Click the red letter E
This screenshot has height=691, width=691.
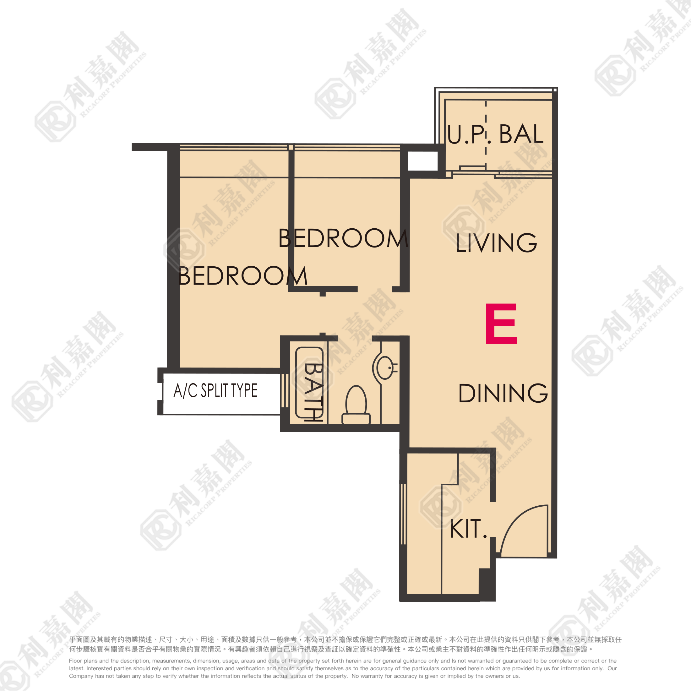pyautogui.click(x=501, y=324)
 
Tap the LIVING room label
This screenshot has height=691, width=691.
pyautogui.click(x=497, y=243)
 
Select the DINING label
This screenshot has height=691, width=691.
pyautogui.click(x=503, y=393)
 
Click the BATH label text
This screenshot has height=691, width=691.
pyautogui.click(x=313, y=392)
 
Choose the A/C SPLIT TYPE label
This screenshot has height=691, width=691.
pyautogui.click(x=216, y=390)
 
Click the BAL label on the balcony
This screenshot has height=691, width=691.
pyautogui.click(x=521, y=134)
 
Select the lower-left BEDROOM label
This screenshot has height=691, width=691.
pyautogui.click(x=242, y=276)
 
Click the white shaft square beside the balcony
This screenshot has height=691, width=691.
pyautogui.click(x=423, y=161)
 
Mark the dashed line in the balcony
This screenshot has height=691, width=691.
pyautogui.click(x=486, y=136)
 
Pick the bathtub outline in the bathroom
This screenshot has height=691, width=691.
pyautogui.click(x=309, y=382)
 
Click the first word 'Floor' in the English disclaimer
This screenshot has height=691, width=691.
pyautogui.click(x=75, y=661)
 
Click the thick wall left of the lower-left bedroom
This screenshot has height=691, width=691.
pyautogui.click(x=173, y=256)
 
